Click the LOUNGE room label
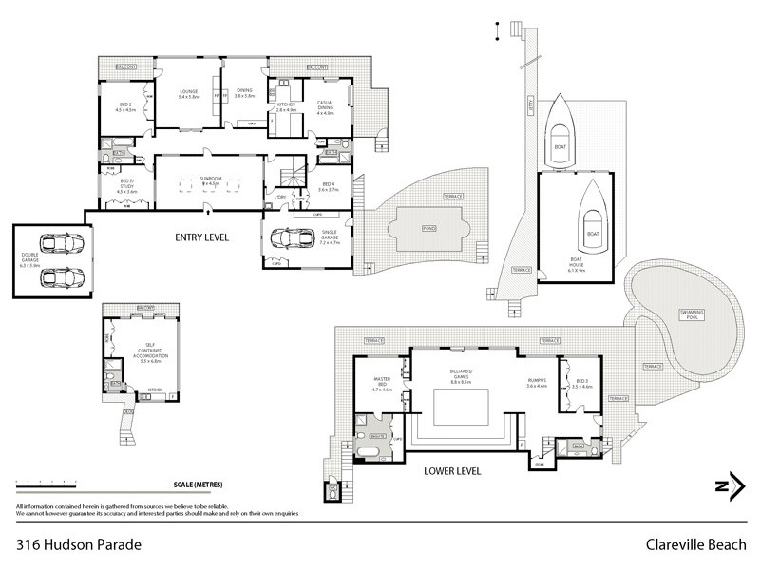(187, 93)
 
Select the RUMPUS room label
(539, 383)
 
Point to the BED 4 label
(329, 186)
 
